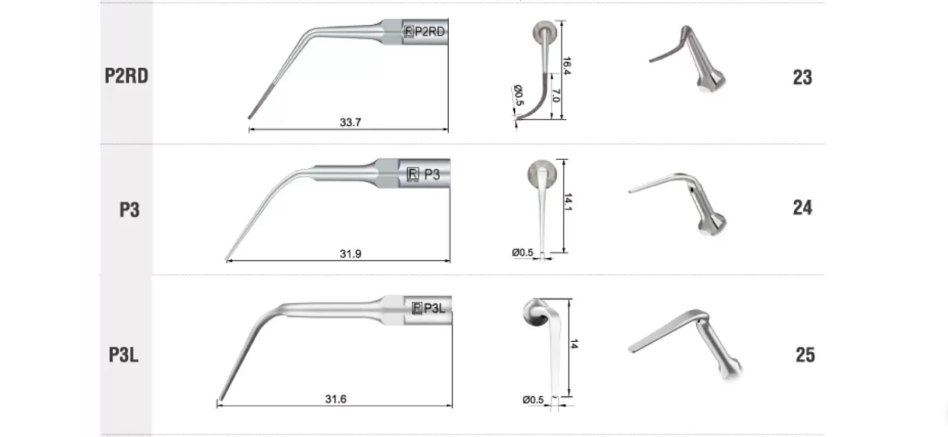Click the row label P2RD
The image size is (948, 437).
pyautogui.click(x=126, y=76)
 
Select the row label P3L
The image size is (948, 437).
pyautogui.click(x=124, y=355)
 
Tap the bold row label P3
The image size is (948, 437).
pyautogui.click(x=129, y=210)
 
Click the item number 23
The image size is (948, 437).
pyautogui.click(x=803, y=78)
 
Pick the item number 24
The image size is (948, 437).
pyautogui.click(x=803, y=208)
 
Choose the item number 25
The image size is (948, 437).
pyautogui.click(x=805, y=355)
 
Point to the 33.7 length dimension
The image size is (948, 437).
pyautogui.click(x=350, y=122)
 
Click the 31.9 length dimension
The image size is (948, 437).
pyautogui.click(x=350, y=254)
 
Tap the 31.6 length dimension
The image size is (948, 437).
pyautogui.click(x=336, y=399)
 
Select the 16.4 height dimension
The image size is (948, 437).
pyautogui.click(x=567, y=66)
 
